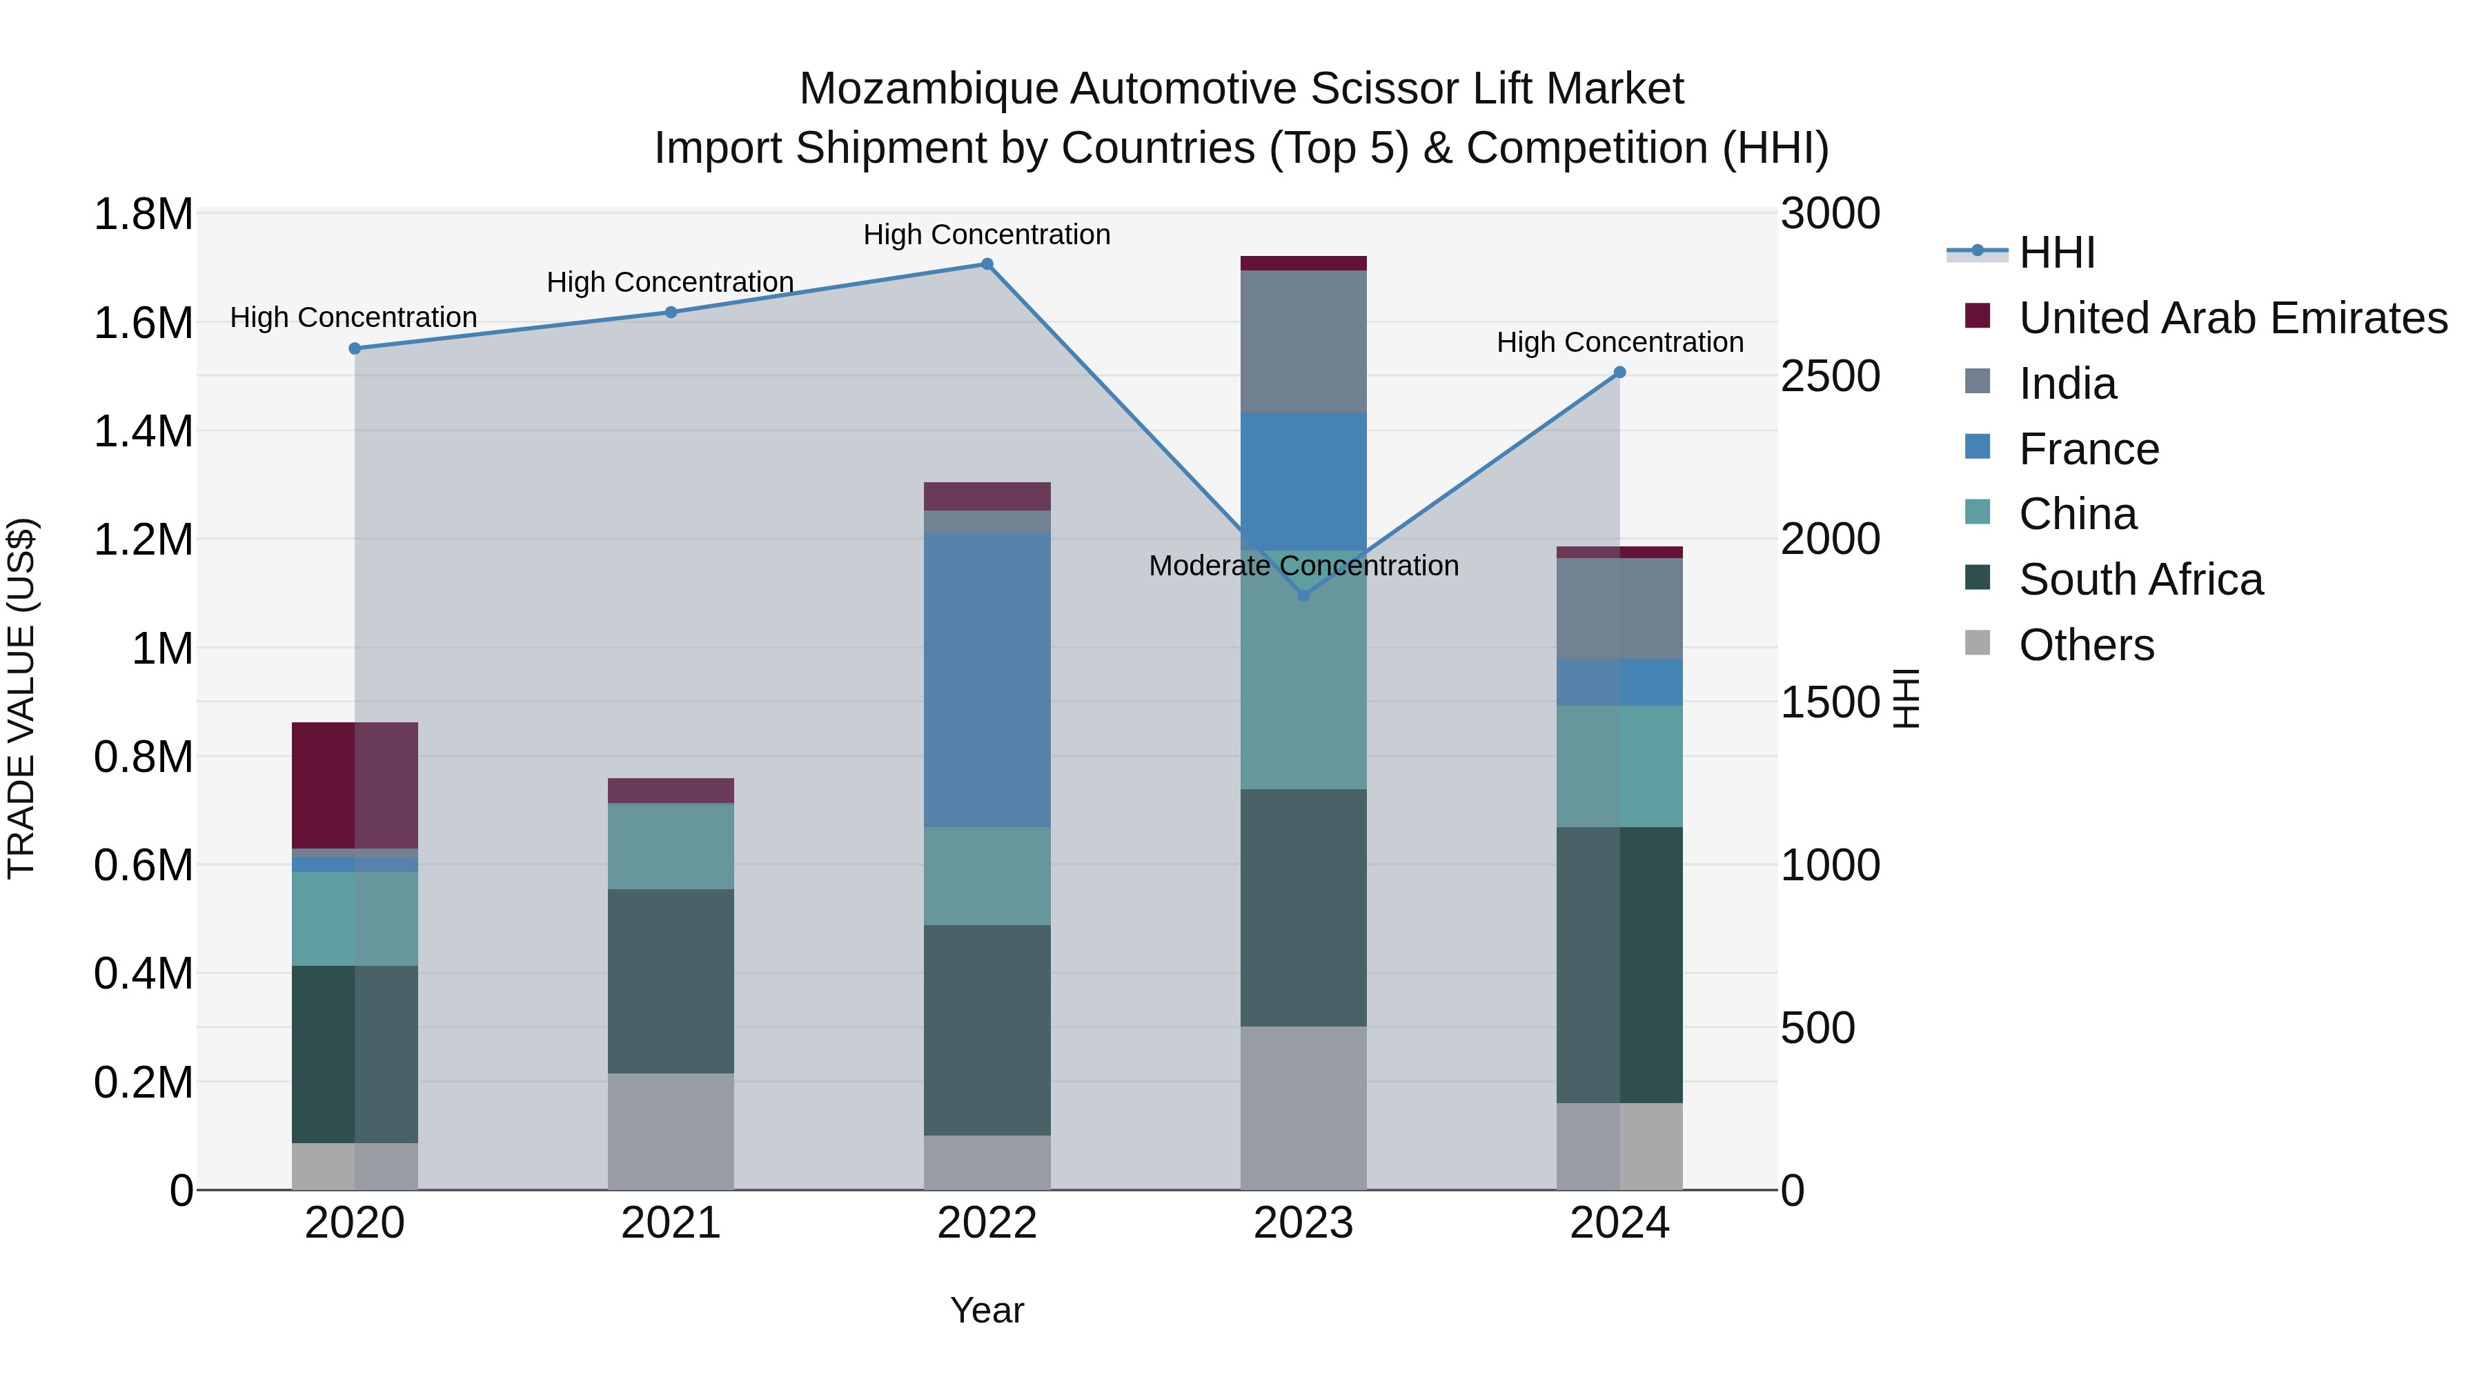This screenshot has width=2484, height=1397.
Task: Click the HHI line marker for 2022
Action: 987,264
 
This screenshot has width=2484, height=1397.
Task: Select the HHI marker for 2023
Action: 1303,596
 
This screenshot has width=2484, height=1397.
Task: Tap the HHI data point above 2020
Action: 355,349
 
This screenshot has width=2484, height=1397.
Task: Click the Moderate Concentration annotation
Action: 1303,566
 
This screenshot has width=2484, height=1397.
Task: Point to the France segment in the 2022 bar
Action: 987,680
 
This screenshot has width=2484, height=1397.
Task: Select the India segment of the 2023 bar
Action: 1303,341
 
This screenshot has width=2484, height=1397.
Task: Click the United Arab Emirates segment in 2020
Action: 355,785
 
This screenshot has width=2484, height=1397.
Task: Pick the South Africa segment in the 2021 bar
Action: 670,980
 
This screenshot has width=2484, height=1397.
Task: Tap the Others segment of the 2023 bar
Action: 1303,1108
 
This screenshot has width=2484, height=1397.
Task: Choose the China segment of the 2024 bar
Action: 1619,766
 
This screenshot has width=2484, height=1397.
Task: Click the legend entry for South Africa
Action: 2140,580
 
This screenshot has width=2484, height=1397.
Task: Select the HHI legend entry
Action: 2056,252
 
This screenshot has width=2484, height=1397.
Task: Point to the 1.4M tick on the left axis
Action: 143,432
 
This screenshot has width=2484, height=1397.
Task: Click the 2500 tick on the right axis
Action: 1829,376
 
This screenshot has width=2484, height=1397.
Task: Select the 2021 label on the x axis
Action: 670,1223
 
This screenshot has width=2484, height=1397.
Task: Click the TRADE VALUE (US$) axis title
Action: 22,698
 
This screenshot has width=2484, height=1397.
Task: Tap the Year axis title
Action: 987,1310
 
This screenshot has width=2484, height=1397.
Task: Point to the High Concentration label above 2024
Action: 1619,342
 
